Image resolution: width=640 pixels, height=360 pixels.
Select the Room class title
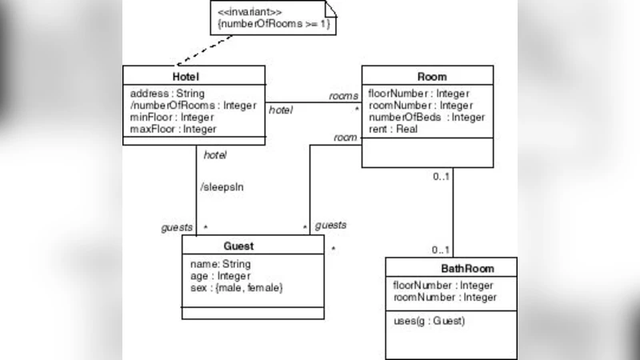[x=432, y=77]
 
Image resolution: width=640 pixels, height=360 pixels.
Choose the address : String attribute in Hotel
[x=161, y=93]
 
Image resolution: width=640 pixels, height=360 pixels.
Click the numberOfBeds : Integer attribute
[x=426, y=117]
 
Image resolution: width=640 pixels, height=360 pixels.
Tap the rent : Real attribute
[x=394, y=129]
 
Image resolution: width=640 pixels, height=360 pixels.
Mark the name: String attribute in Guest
[x=220, y=264]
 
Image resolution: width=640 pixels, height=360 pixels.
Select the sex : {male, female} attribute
[x=236, y=287]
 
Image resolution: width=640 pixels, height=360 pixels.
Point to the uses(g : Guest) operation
[x=429, y=321]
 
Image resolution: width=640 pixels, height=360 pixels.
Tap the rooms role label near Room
[x=343, y=96]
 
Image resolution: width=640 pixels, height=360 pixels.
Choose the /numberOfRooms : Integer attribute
[x=192, y=105]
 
